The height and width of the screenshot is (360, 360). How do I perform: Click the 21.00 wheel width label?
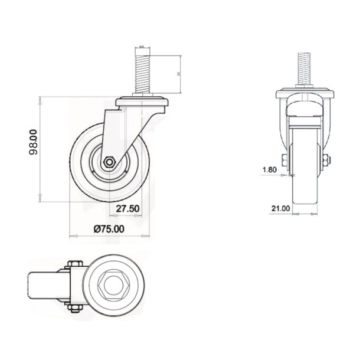click(264, 208)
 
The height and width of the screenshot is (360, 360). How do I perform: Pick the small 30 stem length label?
click(178, 74)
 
